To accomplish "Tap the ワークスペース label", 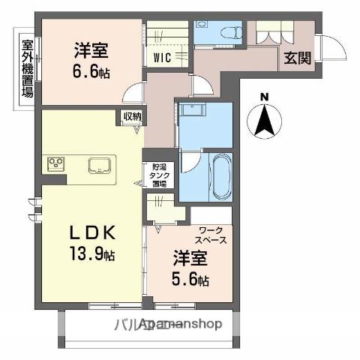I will click(212, 235).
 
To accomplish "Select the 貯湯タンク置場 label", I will click(159, 175).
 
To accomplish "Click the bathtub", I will click(222, 177).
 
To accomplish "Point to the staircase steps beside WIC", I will click(166, 34).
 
